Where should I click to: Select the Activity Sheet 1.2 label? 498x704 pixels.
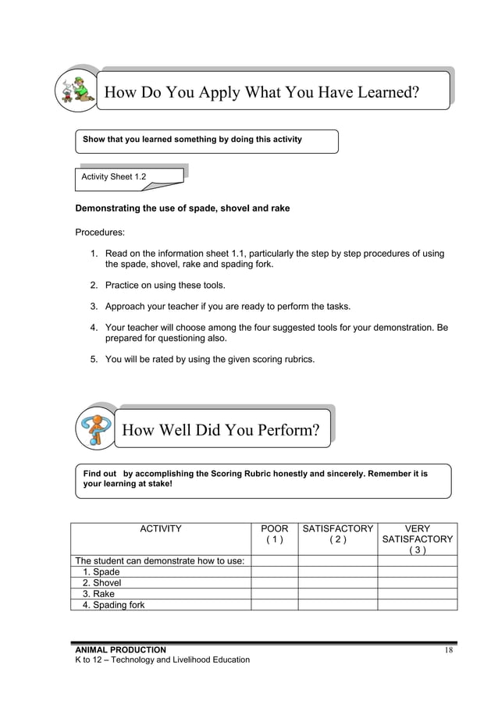coord(114,177)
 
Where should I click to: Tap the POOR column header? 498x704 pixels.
coord(274,534)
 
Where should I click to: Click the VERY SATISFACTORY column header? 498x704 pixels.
coord(418,539)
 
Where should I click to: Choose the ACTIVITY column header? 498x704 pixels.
coord(160,529)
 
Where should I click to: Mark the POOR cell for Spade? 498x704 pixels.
coord(274,572)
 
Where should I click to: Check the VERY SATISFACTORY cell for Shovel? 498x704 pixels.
coord(418,583)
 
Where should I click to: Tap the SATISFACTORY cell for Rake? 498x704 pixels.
coord(338,594)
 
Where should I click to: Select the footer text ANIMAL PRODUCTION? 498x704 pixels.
coord(120,649)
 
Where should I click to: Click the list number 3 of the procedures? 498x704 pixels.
coord(93,306)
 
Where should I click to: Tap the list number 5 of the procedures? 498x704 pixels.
coord(93,359)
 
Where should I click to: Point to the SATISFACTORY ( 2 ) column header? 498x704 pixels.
coord(338,534)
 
